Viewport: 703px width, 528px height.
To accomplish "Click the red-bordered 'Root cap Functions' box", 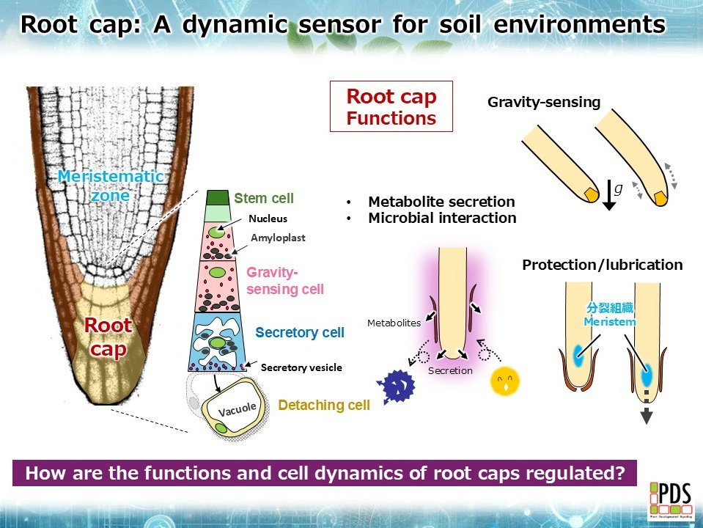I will (391, 106).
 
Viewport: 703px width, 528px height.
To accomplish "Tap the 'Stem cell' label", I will (264, 198).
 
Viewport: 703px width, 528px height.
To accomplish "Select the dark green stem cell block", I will (217, 197).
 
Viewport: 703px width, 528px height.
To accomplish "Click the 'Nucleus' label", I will (268, 219).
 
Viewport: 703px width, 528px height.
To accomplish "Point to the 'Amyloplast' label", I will (278, 238).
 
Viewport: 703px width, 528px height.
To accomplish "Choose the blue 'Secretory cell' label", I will (299, 333).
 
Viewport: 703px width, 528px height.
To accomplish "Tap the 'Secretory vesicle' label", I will (301, 367).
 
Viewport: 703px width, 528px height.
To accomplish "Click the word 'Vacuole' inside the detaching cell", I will (237, 408).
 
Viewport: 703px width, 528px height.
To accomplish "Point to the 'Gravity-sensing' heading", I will (544, 103).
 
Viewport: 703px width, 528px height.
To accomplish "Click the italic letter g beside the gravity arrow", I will (618, 188).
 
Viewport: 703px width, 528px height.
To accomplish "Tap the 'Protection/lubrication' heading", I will (602, 265).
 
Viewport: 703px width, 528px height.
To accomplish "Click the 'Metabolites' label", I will (394, 323).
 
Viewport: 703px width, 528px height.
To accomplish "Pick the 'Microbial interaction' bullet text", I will (441, 218).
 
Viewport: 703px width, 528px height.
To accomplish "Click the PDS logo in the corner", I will (669, 501).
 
